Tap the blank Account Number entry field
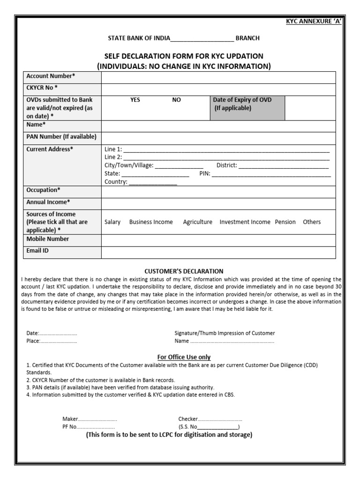218,77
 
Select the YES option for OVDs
135,100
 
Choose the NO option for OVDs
176,100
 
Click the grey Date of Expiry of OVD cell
247,108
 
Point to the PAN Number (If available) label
61,137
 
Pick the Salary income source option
112,222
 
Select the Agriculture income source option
197,222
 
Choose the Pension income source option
285,222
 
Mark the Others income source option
312,222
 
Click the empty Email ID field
218,252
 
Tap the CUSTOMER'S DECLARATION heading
184,271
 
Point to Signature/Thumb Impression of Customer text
225,333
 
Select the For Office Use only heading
184,357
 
